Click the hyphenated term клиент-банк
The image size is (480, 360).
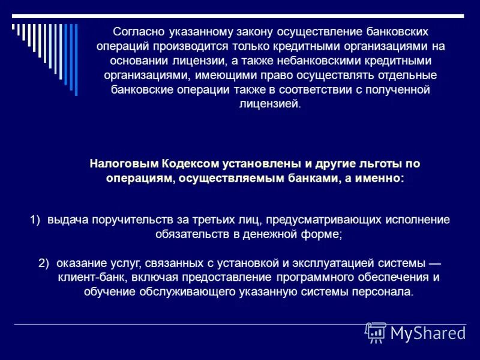click(x=88, y=278)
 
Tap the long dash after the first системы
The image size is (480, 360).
click(x=436, y=263)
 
